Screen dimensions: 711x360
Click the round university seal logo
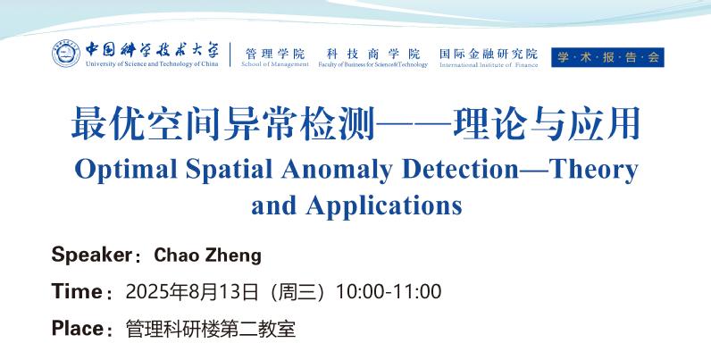pyautogui.click(x=66, y=54)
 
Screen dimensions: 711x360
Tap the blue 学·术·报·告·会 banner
pyautogui.click(x=607, y=57)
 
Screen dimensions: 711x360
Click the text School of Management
pyautogui.click(x=275, y=64)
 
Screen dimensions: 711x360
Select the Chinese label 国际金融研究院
pyautogui.click(x=489, y=54)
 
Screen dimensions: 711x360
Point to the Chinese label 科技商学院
pyautogui.click(x=373, y=54)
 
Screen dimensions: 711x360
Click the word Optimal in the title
pyautogui.click(x=126, y=170)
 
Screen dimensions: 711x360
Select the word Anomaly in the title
pyautogui.click(x=337, y=170)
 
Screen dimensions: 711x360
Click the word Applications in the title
pyautogui.click(x=383, y=206)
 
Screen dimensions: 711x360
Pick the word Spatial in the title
pyautogui.click(x=229, y=170)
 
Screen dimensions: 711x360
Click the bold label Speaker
pyautogui.click(x=92, y=255)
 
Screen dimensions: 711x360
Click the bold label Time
pyautogui.click(x=77, y=291)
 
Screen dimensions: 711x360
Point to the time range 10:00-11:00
pyautogui.click(x=389, y=291)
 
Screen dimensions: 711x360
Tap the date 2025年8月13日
pyautogui.click(x=192, y=291)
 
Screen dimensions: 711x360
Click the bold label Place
pyautogui.click(x=78, y=328)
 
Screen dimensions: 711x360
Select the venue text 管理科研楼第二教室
pyautogui.click(x=211, y=329)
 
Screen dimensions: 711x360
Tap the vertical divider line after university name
pyautogui.click(x=230, y=54)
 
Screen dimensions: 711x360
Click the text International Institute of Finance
pyautogui.click(x=489, y=65)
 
